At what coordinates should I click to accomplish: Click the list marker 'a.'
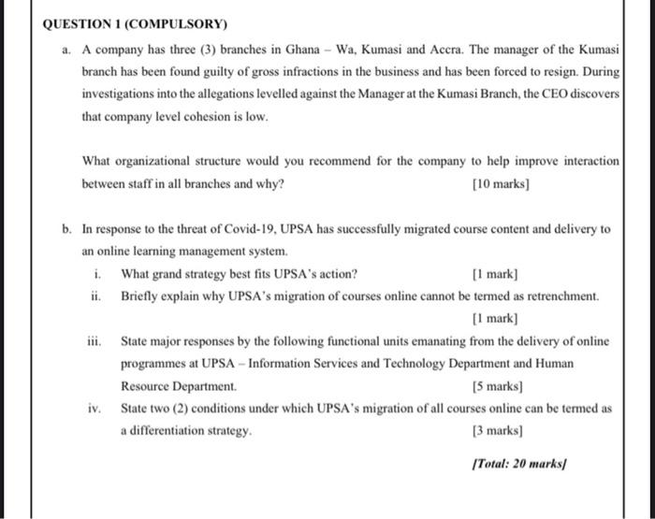point(67,48)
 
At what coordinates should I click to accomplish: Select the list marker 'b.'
point(67,229)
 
